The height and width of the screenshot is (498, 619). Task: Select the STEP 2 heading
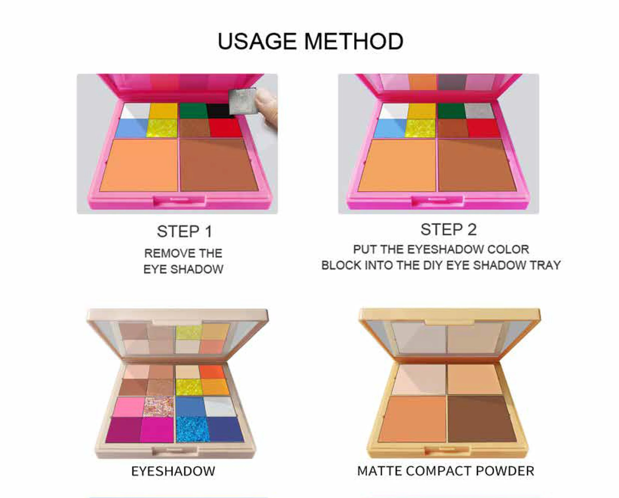(x=448, y=230)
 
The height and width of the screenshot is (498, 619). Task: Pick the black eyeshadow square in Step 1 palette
(x=219, y=111)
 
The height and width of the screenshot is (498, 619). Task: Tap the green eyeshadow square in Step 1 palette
(x=193, y=111)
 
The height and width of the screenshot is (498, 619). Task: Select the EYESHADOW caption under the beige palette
(x=173, y=471)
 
